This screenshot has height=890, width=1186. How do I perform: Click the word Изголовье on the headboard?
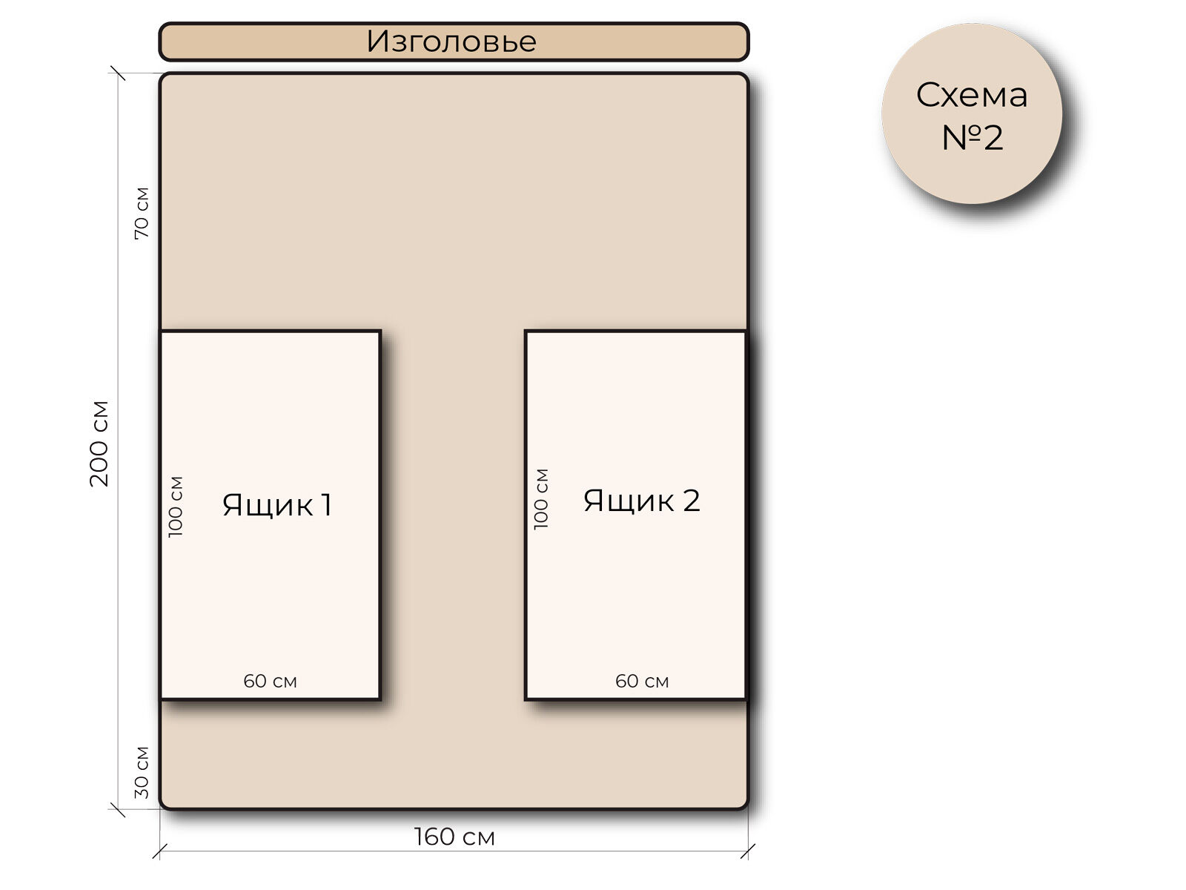tap(451, 42)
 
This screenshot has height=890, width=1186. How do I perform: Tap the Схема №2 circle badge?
tap(971, 114)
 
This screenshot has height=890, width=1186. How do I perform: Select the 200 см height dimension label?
tap(99, 444)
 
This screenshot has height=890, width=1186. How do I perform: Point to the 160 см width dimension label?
tap(454, 837)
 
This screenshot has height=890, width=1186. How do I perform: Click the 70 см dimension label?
tap(142, 213)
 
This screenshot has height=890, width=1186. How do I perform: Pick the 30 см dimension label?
tap(142, 772)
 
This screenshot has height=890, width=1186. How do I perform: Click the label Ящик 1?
tap(276, 505)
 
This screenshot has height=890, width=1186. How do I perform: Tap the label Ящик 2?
tap(641, 501)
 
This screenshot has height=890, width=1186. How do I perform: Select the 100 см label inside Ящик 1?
tap(176, 507)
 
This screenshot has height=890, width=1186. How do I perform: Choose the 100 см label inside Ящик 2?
tap(541, 499)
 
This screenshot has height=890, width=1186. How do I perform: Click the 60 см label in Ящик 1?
tap(270, 681)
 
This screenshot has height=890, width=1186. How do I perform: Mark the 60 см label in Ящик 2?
tap(642, 681)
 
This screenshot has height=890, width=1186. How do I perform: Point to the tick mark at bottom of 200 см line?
tap(118, 809)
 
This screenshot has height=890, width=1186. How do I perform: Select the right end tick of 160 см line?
tap(748, 851)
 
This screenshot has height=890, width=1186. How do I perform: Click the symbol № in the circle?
tap(961, 138)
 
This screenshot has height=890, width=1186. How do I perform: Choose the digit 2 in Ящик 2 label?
tap(691, 501)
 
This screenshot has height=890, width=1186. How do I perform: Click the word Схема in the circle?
tap(971, 95)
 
